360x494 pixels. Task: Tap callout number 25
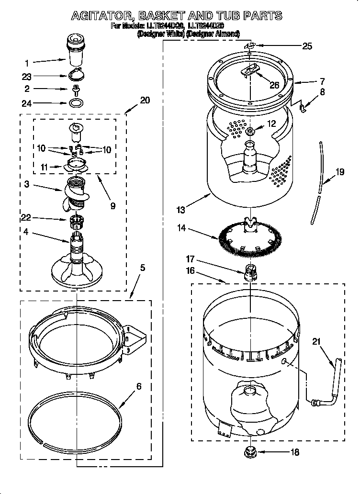pyautogui.click(x=307, y=46)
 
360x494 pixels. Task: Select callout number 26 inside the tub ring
pyautogui.click(x=274, y=85)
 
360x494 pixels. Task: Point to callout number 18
pyautogui.click(x=295, y=451)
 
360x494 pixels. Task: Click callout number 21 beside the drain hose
pyautogui.click(x=316, y=342)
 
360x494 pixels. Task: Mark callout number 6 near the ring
pyautogui.click(x=138, y=386)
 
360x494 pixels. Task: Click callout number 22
pyautogui.click(x=26, y=218)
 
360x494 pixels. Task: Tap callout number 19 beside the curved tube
pyautogui.click(x=339, y=172)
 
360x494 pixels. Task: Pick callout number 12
pyautogui.click(x=271, y=123)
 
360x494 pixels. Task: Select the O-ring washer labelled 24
pyautogui.click(x=75, y=102)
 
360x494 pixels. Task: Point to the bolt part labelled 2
pyautogui.click(x=75, y=89)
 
